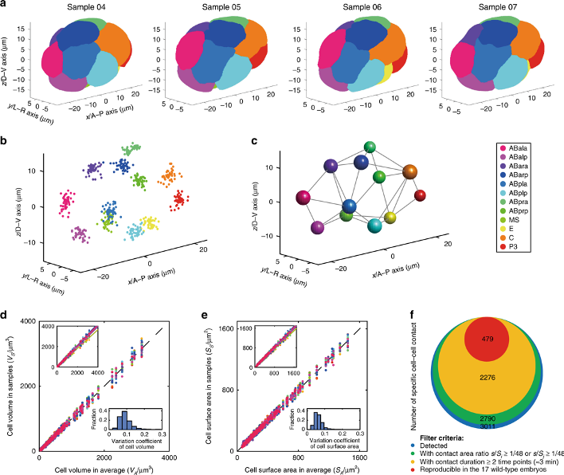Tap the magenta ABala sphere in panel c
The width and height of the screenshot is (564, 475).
pos(302,198)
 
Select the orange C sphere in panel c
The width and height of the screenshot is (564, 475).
pos(410,172)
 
